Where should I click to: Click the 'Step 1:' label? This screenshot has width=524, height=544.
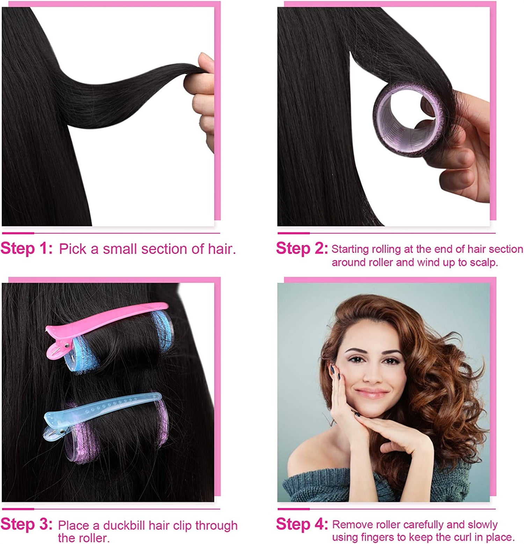coord(27,248)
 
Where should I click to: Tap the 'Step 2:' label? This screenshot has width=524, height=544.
coord(302,248)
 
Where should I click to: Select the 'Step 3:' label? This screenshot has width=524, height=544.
coord(27,524)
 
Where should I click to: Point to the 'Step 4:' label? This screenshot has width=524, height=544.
coord(302,524)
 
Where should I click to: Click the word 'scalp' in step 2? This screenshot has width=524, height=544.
coord(483,263)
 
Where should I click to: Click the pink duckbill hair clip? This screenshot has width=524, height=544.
coord(105,324)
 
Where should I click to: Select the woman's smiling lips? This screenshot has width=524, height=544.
coord(372,392)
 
